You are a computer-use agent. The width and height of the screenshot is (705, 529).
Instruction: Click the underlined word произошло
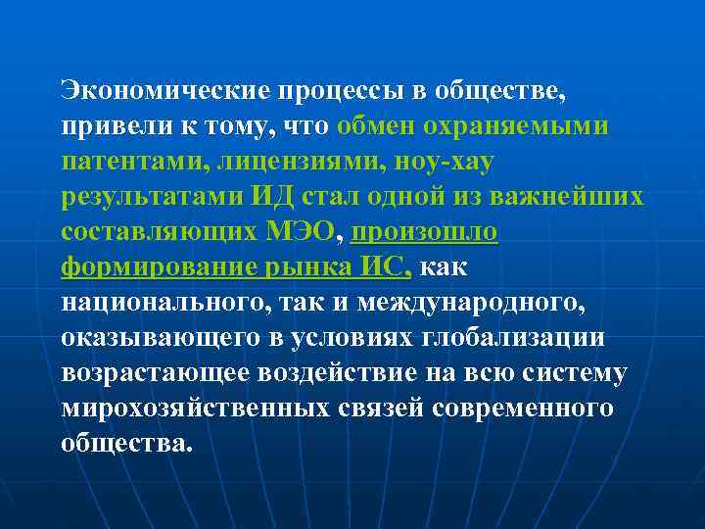(424, 232)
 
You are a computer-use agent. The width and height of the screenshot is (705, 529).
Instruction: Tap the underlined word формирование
(148, 267)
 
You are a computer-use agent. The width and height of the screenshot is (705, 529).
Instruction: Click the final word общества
(127, 444)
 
